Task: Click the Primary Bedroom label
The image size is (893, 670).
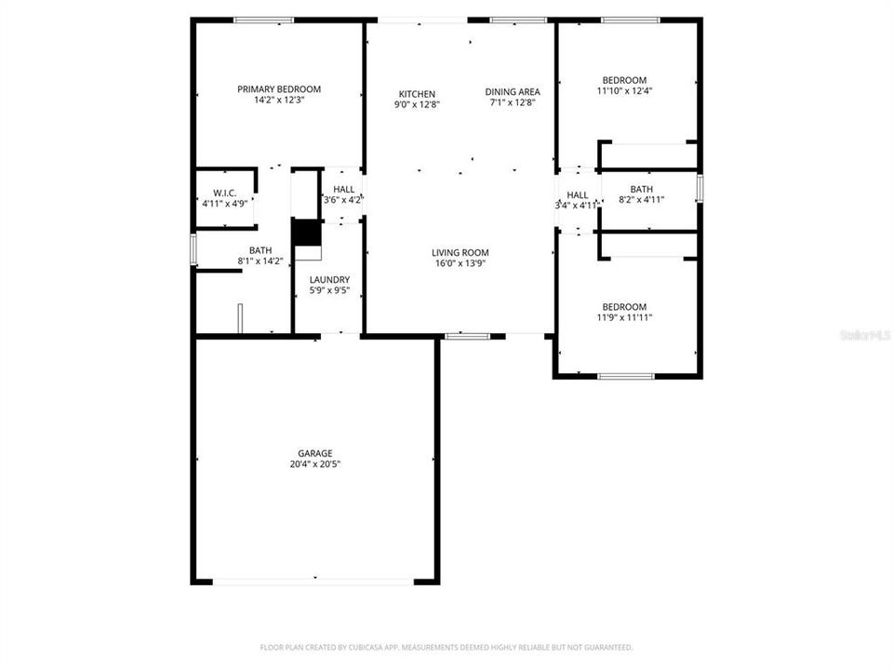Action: coord(279,89)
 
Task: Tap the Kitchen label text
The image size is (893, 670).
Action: coord(417,94)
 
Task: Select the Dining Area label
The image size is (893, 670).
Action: coord(513,91)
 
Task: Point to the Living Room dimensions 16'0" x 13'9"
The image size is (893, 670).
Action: coord(460,263)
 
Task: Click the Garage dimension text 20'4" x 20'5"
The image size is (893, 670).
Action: coord(315,463)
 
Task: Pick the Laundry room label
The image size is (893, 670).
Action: coord(329,279)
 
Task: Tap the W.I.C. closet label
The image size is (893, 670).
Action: coord(224,193)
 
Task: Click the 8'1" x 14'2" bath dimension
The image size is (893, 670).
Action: coord(260,261)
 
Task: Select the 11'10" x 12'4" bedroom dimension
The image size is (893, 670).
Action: coord(623,91)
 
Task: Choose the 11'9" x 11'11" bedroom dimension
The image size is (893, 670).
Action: coord(623,317)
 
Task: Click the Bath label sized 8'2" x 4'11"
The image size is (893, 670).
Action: coord(641,189)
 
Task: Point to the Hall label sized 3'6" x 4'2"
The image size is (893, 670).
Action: coord(342,189)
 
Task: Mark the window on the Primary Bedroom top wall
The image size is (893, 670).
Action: coord(263,20)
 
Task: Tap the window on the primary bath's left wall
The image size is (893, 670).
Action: coord(193,248)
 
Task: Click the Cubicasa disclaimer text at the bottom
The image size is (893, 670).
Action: coord(446,647)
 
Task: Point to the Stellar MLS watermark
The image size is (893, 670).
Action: coord(865,333)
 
